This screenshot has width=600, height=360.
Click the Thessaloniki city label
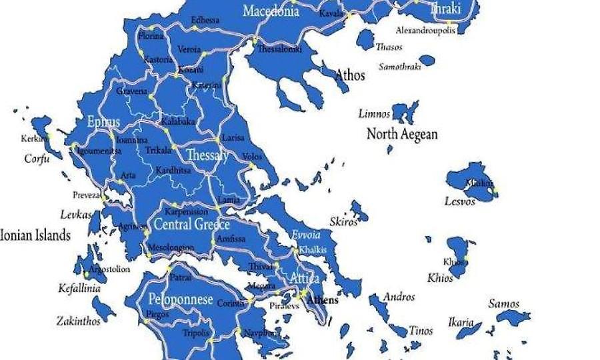tap(280, 49)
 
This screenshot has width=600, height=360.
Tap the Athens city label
tap(322, 300)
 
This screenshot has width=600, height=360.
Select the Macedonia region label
tap(271, 11)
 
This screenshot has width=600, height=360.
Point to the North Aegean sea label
tap(402, 134)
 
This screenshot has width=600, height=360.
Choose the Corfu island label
tap(37, 159)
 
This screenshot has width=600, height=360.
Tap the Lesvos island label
tap(460, 201)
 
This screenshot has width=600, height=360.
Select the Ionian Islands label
tap(35, 235)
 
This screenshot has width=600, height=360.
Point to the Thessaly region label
tap(207, 155)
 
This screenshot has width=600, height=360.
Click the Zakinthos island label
tap(78, 321)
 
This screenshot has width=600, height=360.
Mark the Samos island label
tap(503, 304)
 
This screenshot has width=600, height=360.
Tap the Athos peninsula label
tap(350, 75)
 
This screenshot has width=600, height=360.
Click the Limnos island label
tap(374, 113)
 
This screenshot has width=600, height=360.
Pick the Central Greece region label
tap(192, 225)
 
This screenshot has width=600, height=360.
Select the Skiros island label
tap(343, 222)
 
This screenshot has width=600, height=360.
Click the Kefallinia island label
tap(79, 289)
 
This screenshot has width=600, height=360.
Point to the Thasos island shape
tap(365, 39)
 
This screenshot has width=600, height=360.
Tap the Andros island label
tap(399, 297)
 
